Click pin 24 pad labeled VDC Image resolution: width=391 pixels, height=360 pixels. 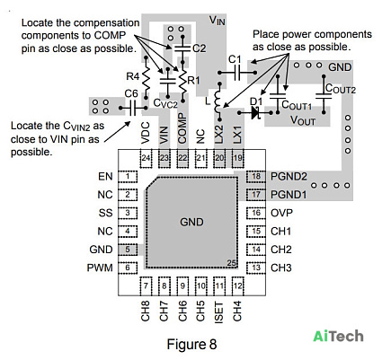tap(146, 158)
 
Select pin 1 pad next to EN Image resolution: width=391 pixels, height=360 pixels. tap(128, 177)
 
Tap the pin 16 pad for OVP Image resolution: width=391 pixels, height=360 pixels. tap(256, 213)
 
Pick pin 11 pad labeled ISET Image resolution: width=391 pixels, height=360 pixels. tap(219, 285)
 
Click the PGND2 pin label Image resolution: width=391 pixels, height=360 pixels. tap(289, 177)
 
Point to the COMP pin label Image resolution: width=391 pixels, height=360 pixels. tap(182, 128)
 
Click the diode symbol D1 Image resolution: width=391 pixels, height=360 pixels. tap(255, 113)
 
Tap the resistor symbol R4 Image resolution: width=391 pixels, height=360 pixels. tap(146, 78)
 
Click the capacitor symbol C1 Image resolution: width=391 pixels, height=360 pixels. tap(237, 73)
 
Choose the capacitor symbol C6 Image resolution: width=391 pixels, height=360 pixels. tap(133, 108)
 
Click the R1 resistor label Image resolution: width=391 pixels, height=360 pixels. tap(193, 80)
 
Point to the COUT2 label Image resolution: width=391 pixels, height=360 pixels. tap(341, 88)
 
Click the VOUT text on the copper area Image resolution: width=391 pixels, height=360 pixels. tap(303, 120)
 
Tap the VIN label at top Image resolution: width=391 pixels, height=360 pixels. tap(217, 21)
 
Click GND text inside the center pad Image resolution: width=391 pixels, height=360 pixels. tap(191, 222)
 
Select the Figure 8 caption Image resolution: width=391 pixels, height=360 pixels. tap(191, 344)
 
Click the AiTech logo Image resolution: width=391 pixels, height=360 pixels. tap(338, 336)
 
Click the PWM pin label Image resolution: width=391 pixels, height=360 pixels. tap(100, 268)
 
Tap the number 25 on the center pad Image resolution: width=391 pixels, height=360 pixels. tap(231, 263)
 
